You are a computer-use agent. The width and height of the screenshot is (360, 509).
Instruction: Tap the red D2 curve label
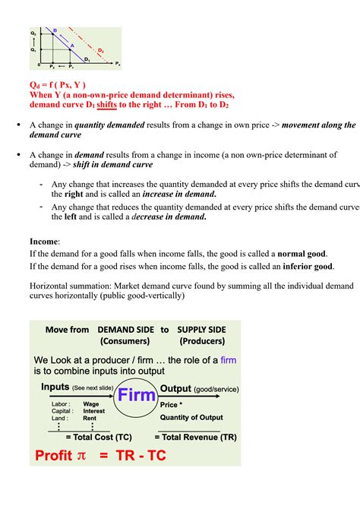[100, 51]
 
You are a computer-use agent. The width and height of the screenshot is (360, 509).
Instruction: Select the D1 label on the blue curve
[87, 58]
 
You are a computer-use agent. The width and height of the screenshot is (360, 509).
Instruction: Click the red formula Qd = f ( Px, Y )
[58, 84]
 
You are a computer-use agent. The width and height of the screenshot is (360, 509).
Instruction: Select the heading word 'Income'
[44, 241]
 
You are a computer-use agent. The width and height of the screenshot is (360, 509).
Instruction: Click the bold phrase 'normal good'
[302, 253]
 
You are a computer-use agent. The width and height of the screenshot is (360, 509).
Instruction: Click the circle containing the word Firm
[136, 394]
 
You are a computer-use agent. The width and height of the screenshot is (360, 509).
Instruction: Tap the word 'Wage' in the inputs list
[91, 404]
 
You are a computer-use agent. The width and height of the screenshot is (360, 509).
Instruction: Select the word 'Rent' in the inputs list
[90, 418]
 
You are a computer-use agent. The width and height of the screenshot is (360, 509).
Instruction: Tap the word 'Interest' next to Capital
[94, 411]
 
